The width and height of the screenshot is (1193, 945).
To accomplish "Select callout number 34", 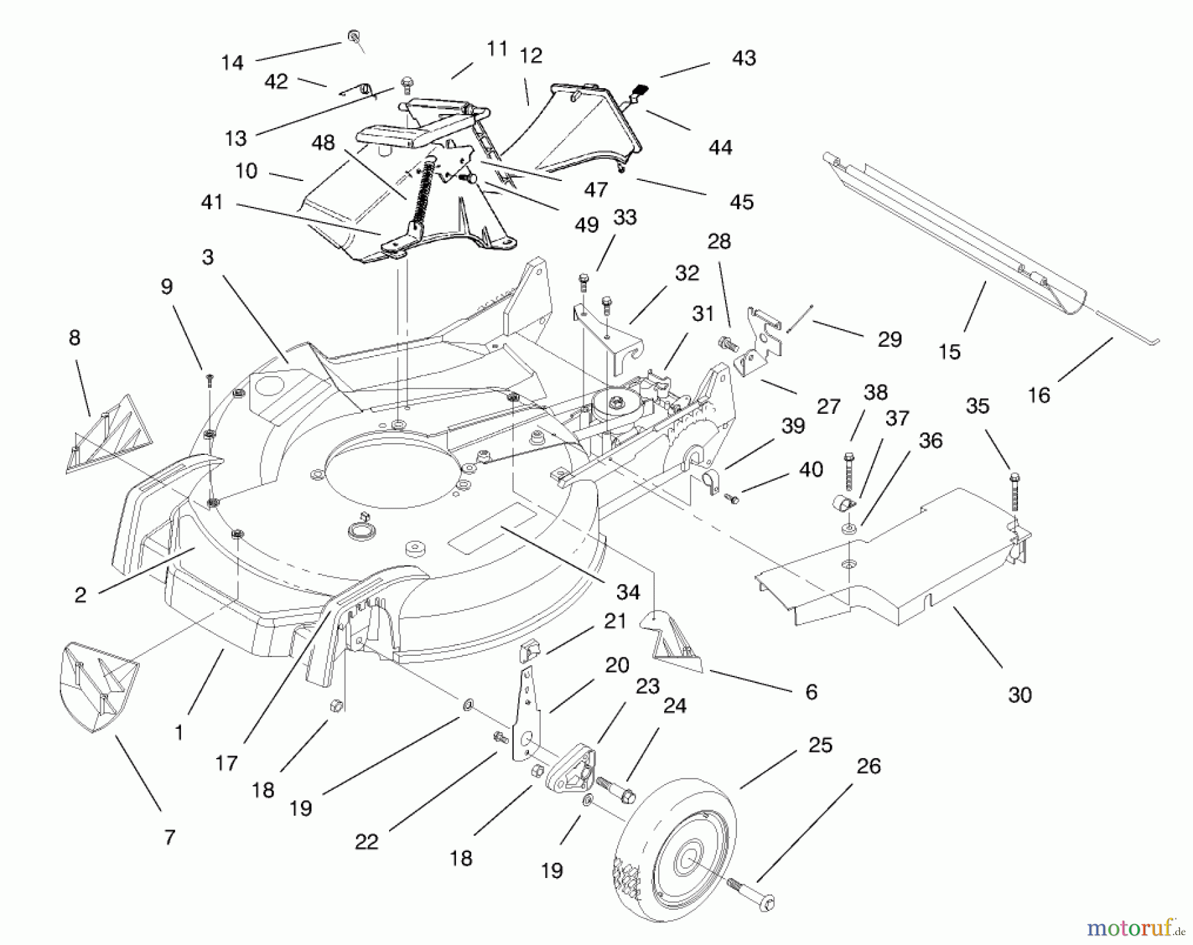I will tap(628, 592).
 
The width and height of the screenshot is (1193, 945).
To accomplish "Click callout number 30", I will tap(1019, 695).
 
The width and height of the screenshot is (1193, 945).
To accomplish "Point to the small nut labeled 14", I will tap(354, 36).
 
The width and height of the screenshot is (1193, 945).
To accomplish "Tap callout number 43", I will tap(744, 58).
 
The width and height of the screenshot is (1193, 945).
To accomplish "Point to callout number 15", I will tap(949, 351).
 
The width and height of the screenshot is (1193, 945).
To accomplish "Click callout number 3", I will tap(208, 257).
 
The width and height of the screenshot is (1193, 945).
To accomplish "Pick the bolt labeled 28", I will tap(728, 344).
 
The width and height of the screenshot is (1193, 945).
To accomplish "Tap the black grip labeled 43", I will tap(640, 89).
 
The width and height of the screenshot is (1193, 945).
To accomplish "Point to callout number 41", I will tap(212, 202).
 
